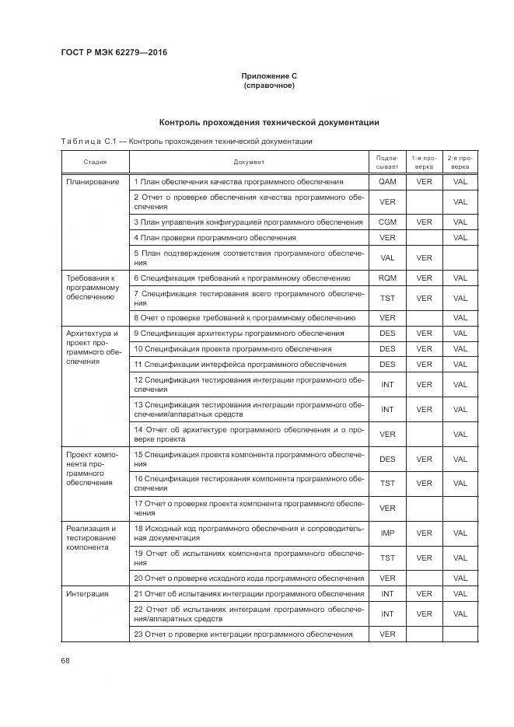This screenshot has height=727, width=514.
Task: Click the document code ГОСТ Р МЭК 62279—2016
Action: tap(114, 53)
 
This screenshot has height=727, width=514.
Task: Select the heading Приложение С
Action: tap(269, 75)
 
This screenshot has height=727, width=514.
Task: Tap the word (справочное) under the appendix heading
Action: tap(269, 85)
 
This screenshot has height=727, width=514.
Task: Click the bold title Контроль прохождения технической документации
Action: tap(269, 122)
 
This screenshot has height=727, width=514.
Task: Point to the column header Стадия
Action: tap(95, 162)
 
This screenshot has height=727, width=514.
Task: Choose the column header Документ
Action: tap(249, 162)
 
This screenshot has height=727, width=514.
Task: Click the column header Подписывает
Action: tap(387, 162)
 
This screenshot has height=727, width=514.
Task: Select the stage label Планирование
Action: tap(93, 182)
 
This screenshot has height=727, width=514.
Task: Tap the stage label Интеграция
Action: tap(87, 594)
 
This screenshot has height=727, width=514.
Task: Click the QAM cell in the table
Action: tap(387, 182)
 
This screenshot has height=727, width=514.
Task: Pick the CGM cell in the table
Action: tap(387, 222)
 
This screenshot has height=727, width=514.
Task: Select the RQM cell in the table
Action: tap(387, 278)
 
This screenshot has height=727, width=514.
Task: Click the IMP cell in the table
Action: tap(387, 533)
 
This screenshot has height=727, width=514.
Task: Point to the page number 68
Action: tap(65, 660)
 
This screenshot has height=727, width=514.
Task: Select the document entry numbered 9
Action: tap(239, 333)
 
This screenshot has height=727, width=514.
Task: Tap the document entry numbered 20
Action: tap(249, 578)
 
